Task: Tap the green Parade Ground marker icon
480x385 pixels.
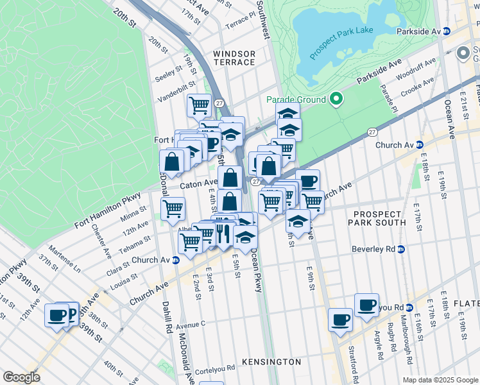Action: point(336,99)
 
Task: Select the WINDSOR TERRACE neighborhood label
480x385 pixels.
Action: point(234,58)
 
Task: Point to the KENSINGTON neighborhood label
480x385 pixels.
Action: point(272,362)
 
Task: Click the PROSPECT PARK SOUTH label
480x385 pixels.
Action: point(377,217)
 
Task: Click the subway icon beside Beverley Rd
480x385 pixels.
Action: point(402,249)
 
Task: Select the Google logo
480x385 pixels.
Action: point(22,377)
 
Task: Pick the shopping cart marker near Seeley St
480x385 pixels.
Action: point(200,104)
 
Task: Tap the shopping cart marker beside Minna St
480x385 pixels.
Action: point(173,208)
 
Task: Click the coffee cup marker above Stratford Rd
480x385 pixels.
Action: point(341,318)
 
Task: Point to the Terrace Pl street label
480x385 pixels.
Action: point(241,22)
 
